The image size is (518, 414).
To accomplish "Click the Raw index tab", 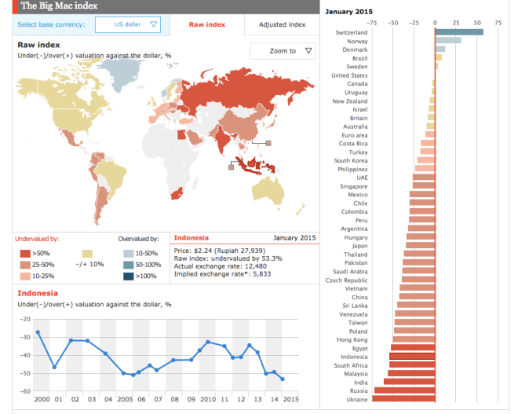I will (206, 25).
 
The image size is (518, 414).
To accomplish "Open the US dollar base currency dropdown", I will (127, 25).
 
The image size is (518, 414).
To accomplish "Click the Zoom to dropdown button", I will (282, 51).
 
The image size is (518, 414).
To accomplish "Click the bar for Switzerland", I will (459, 32).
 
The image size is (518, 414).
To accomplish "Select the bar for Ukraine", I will (403, 399).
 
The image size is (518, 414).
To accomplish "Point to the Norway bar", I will (448, 41).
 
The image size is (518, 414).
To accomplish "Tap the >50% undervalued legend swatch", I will (24, 254).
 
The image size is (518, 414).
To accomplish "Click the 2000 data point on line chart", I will (38, 332).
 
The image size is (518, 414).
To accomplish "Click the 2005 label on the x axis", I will (125, 399).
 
